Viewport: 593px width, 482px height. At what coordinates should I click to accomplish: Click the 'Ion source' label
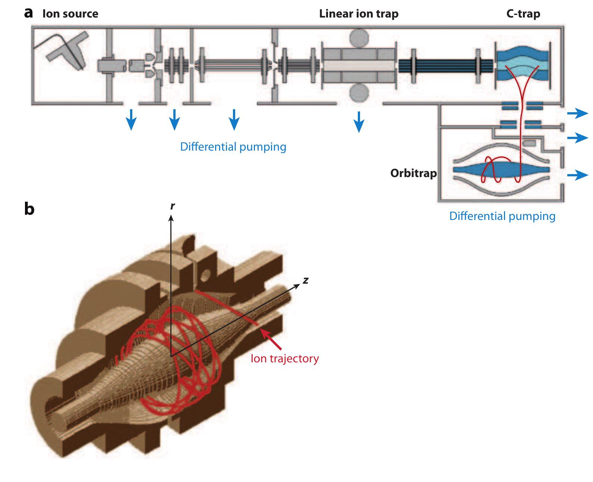tap(70, 14)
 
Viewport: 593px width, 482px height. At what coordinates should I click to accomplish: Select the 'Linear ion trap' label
tap(359, 14)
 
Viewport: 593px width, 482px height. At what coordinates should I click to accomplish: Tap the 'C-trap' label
tap(523, 14)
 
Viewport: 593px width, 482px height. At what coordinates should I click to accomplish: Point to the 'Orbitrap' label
tap(413, 173)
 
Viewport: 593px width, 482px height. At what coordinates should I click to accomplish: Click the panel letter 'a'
tap(29, 13)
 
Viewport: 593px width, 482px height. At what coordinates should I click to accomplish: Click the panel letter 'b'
tap(29, 209)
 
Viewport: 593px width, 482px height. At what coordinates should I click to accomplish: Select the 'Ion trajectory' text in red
tap(285, 359)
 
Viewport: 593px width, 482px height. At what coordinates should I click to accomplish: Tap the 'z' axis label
tap(306, 280)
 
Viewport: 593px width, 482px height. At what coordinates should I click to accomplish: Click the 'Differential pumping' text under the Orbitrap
tap(502, 216)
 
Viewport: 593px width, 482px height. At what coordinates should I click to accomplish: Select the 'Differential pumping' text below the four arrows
tap(233, 147)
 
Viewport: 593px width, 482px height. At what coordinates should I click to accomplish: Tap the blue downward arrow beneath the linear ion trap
tap(359, 122)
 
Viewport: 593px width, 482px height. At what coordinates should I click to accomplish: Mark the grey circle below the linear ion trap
tap(359, 92)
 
